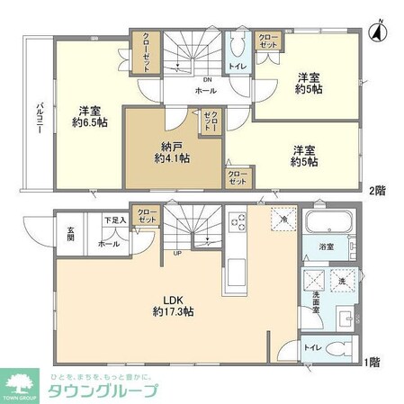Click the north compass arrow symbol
tap(379, 31)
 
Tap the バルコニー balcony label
tap(39, 114)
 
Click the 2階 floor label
tap(376, 191)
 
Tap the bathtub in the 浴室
tap(328, 224)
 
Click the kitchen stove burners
tap(238, 222)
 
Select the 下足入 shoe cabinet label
tap(114, 220)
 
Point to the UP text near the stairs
tap(177, 254)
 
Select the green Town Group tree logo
tap(22, 379)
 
